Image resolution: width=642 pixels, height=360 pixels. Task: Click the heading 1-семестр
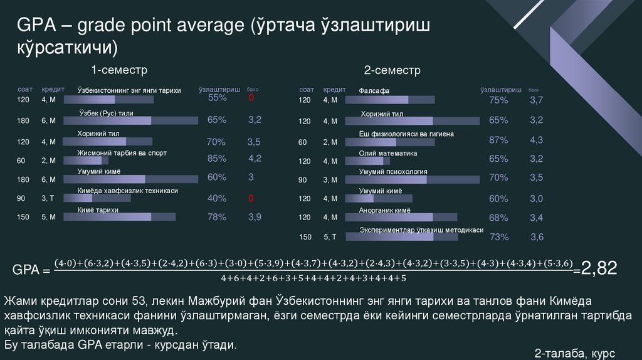(119, 69)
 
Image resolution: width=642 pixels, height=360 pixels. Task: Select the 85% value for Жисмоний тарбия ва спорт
(217, 158)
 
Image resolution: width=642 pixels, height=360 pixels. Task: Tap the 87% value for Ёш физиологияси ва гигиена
(498, 140)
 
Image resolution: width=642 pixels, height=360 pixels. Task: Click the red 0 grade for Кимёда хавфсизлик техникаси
(251, 199)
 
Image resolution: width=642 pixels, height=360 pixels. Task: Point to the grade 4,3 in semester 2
(536, 140)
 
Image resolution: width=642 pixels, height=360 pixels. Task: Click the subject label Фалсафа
(374, 91)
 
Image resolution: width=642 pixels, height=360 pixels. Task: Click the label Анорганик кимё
(384, 211)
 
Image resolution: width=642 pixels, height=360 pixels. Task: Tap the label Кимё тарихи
(98, 210)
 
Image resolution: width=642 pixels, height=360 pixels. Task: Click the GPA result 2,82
(599, 269)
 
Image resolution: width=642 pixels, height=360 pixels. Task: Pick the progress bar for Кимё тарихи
(126, 217)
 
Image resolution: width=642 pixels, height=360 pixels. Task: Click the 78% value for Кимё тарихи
(217, 217)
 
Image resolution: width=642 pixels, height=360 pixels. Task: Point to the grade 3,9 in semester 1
(255, 217)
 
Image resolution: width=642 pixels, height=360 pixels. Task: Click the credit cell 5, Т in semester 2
(330, 237)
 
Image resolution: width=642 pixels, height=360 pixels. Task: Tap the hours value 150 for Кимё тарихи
(23, 218)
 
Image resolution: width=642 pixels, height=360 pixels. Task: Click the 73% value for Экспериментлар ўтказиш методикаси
(498, 237)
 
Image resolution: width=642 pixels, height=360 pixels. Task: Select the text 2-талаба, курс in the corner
(575, 353)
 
